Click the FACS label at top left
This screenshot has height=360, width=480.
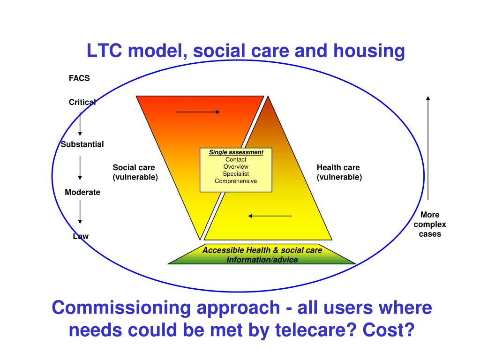coord(79,78)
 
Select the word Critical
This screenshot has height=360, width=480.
coord(82,102)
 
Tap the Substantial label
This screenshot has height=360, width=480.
coord(82,144)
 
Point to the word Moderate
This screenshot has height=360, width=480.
coord(82,192)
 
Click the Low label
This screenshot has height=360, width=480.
coord(81,236)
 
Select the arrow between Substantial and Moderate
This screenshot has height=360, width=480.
coord(80,168)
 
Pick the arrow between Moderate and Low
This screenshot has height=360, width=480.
coord(80,212)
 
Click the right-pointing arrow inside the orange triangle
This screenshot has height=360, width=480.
coord(198,112)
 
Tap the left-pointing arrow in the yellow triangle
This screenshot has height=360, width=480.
coord(270,216)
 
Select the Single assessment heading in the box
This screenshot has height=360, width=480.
coord(236,152)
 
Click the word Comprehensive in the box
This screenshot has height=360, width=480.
coord(236,181)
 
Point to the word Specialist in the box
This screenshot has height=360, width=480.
coord(236,174)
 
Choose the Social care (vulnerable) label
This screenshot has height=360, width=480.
coord(135,172)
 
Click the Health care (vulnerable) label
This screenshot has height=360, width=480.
coord(339,172)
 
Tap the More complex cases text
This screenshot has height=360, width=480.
coord(430,225)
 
